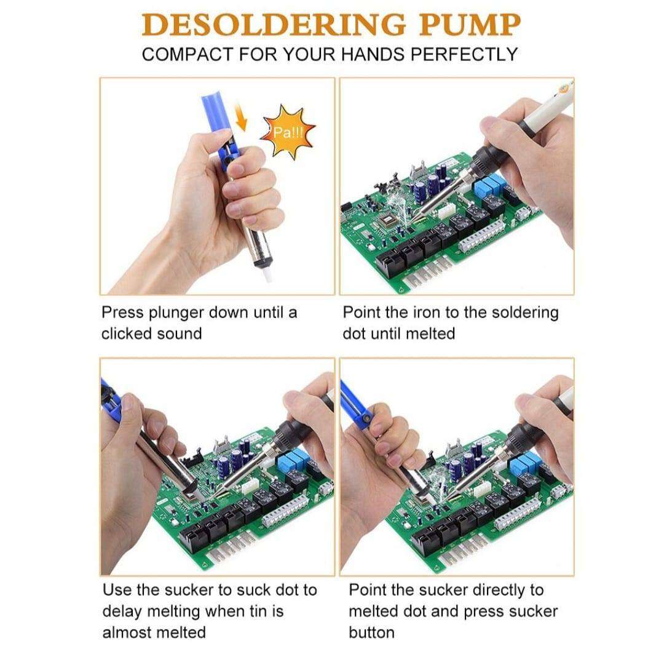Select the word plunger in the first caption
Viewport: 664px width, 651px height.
176,313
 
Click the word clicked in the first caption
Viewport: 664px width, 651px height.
127,334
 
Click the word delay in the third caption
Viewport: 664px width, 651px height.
123,612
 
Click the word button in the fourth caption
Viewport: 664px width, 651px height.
371,633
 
